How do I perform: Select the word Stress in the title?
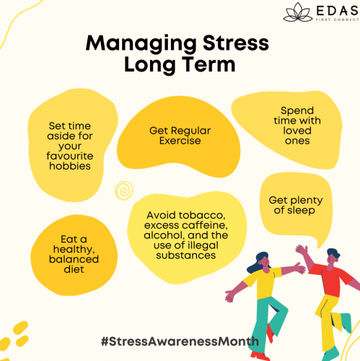232,44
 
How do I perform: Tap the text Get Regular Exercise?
175,135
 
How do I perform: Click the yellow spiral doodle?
124,190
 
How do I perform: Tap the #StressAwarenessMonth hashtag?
180,339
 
